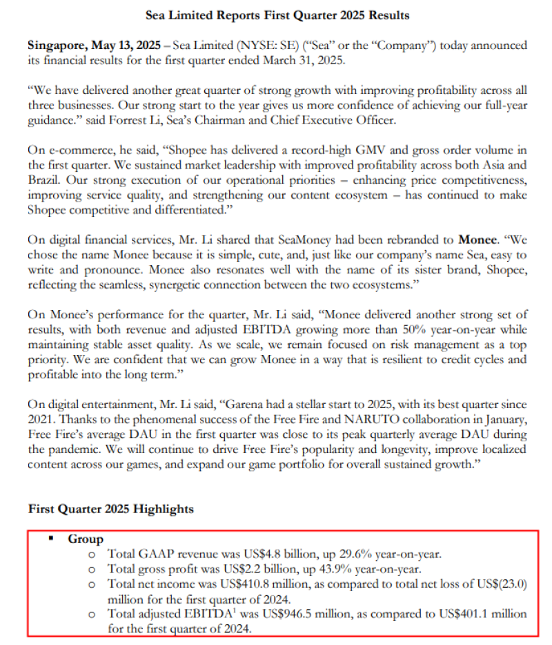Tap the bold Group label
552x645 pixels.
85,539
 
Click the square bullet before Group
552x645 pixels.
51,539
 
